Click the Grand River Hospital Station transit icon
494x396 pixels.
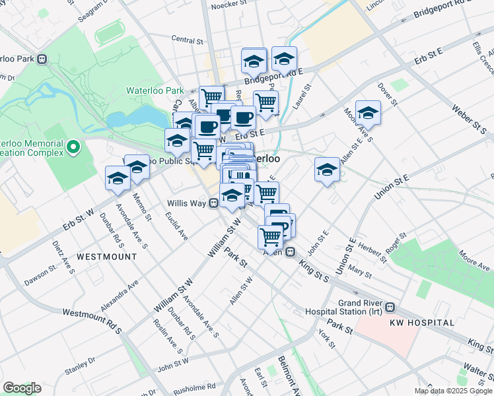point(390,307)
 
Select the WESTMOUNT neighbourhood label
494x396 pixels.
point(106,256)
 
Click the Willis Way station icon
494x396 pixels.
point(214,203)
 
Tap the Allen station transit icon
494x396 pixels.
point(290,252)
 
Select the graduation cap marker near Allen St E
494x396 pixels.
point(327,170)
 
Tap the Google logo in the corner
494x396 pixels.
point(22,388)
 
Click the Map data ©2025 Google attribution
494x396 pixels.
point(453,391)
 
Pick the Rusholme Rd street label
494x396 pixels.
point(195,387)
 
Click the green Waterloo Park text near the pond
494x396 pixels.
point(155,90)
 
